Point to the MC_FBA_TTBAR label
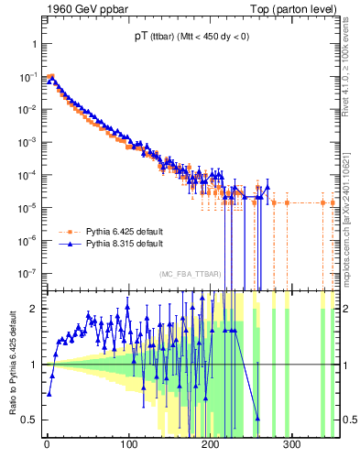pos(187,275)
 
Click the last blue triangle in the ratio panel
pos(257,418)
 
